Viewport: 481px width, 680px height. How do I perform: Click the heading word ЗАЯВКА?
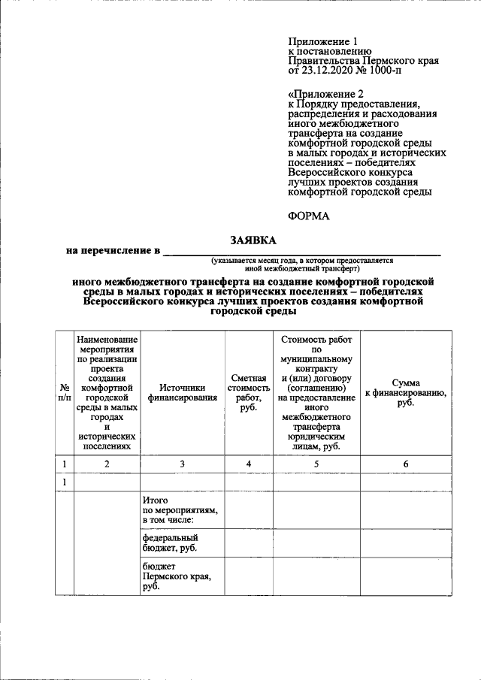(253, 240)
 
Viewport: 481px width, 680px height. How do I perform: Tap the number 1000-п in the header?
(400, 72)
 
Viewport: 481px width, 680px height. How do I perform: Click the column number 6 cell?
(406, 464)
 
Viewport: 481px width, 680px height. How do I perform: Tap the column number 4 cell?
(248, 464)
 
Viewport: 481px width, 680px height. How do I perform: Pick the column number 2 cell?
(107, 464)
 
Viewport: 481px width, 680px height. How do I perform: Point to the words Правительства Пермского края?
(363, 61)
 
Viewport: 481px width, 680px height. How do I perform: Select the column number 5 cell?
(316, 464)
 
